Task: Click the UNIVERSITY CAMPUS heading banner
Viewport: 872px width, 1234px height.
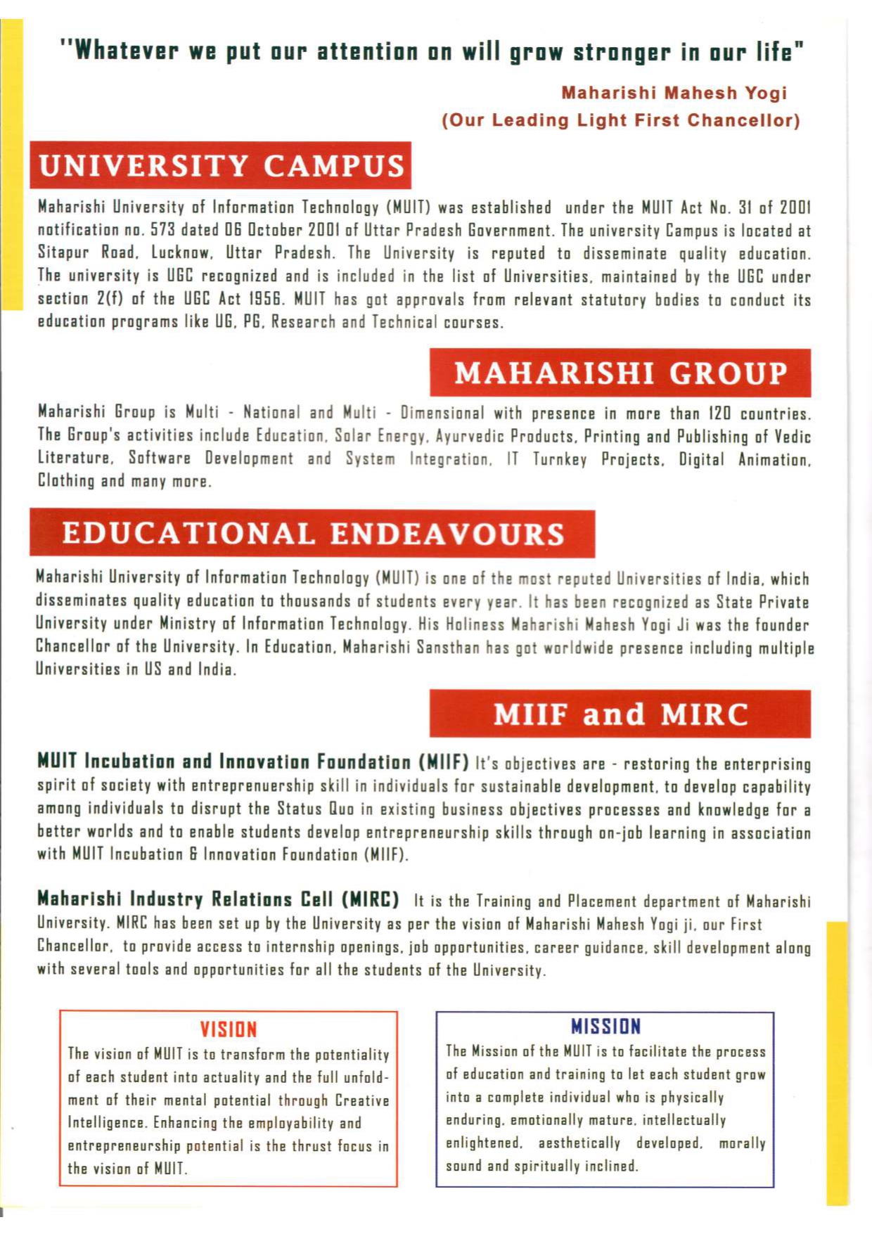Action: click(221, 166)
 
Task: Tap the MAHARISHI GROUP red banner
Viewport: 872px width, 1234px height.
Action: click(620, 373)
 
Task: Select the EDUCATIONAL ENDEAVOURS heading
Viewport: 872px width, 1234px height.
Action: click(313, 534)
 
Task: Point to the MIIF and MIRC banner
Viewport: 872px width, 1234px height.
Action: click(620, 714)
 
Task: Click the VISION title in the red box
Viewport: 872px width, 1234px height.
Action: click(229, 1029)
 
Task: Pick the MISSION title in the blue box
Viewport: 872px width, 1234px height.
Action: click(605, 1027)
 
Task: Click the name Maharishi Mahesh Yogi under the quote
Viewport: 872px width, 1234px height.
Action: click(674, 93)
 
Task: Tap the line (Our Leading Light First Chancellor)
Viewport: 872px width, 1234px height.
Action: click(621, 120)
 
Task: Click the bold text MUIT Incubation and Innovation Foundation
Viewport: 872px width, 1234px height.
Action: click(252, 761)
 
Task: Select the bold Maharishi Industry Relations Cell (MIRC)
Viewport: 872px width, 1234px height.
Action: click(218, 899)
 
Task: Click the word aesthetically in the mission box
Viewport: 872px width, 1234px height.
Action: click(579, 1143)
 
